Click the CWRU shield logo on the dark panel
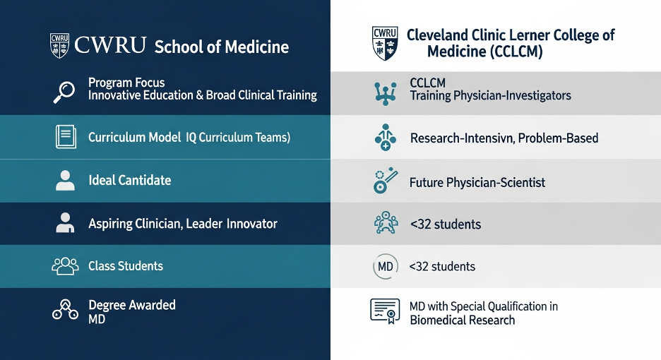pyautogui.click(x=59, y=45)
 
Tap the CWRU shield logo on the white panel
pyautogui.click(x=385, y=43)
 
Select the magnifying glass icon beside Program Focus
pyautogui.click(x=64, y=92)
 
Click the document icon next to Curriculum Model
pyautogui.click(x=66, y=136)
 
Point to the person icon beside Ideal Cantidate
pyautogui.click(x=66, y=181)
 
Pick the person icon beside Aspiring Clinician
pyautogui.click(x=65, y=222)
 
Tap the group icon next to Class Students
pyautogui.click(x=66, y=266)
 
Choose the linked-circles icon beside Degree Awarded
pyautogui.click(x=66, y=310)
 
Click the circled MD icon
pyautogui.click(x=386, y=266)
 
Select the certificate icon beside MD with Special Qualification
pyautogui.click(x=385, y=311)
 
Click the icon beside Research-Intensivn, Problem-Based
pyautogui.click(x=386, y=138)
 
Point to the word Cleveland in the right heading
pyautogui.click(x=438, y=35)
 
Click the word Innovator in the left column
pyautogui.click(x=251, y=224)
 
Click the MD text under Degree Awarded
pyautogui.click(x=97, y=319)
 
